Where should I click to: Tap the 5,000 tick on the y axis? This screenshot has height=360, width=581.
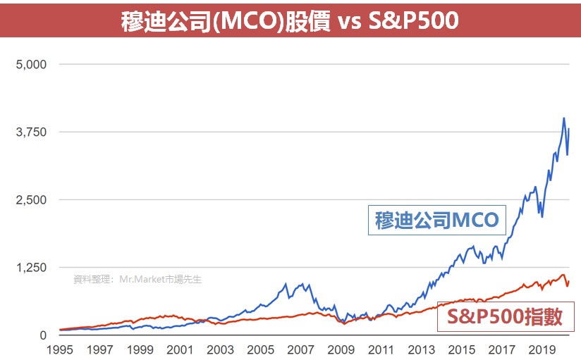pyautogui.click(x=31, y=65)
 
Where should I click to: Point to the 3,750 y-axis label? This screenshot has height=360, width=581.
pyautogui.click(x=31, y=132)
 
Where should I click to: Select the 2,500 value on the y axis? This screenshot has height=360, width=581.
pyautogui.click(x=31, y=200)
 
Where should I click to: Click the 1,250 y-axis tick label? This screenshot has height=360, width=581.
pyautogui.click(x=31, y=268)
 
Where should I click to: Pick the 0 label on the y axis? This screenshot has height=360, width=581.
pyautogui.click(x=42, y=335)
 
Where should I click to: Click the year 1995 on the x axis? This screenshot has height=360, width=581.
pyautogui.click(x=60, y=349)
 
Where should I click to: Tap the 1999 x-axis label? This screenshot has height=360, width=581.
pyautogui.click(x=140, y=349)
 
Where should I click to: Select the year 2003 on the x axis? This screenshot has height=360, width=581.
pyautogui.click(x=220, y=349)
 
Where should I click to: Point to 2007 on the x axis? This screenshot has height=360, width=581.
pyautogui.click(x=300, y=349)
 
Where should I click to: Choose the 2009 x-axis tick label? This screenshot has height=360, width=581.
pyautogui.click(x=341, y=349)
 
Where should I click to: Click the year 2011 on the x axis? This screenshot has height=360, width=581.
pyautogui.click(x=381, y=349)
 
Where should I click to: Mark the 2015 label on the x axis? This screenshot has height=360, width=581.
pyautogui.click(x=461, y=349)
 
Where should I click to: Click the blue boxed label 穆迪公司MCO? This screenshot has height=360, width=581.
pyautogui.click(x=436, y=221)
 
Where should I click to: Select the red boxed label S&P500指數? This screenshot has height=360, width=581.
pyautogui.click(x=505, y=317)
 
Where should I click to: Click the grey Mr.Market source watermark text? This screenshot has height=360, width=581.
pyautogui.click(x=137, y=279)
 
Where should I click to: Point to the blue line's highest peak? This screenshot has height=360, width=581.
pyautogui.click(x=564, y=118)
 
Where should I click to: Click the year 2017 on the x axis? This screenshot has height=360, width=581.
pyautogui.click(x=501, y=349)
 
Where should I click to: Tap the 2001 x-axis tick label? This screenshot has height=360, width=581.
pyautogui.click(x=180, y=349)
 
